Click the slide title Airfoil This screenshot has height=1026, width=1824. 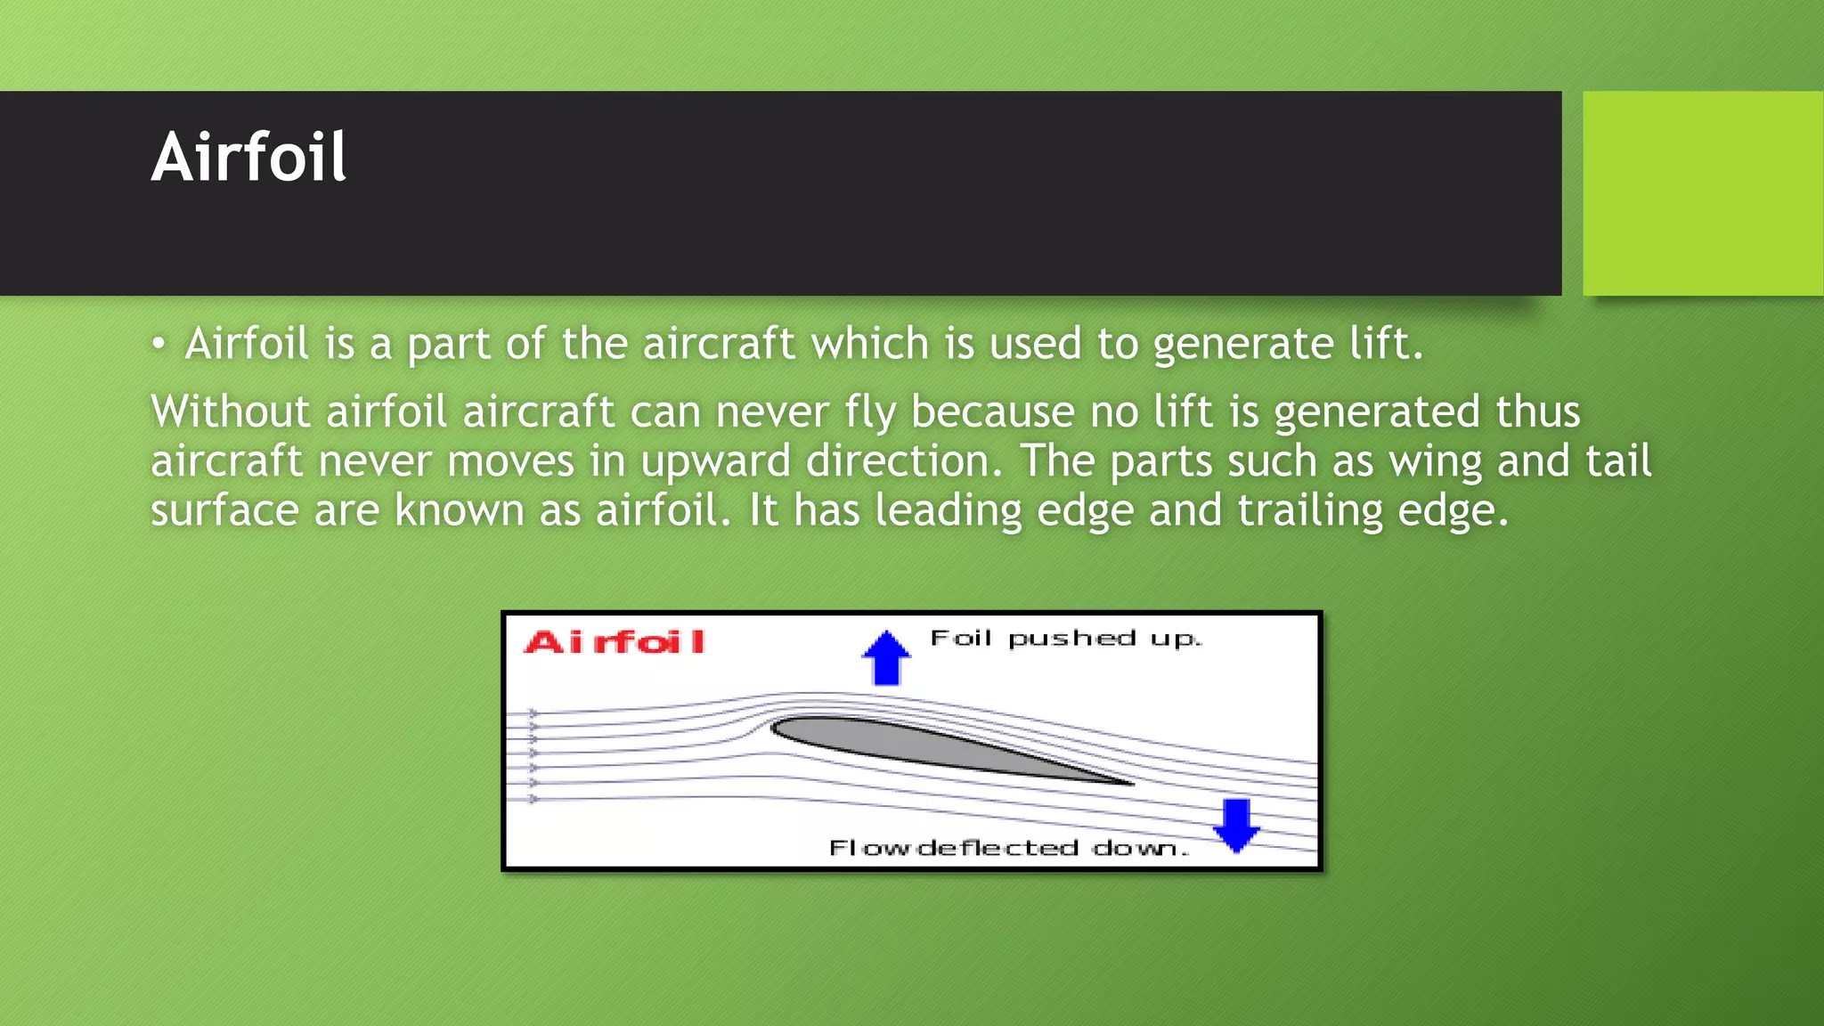(248, 158)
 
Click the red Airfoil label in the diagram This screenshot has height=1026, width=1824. (615, 642)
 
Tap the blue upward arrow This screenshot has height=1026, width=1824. (886, 658)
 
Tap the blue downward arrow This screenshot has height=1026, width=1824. (1236, 825)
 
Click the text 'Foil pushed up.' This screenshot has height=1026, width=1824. (1065, 639)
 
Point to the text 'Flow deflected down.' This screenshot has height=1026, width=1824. (1008, 848)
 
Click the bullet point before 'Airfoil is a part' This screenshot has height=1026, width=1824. (159, 345)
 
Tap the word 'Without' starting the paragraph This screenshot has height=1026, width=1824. (231, 411)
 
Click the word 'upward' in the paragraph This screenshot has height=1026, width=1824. (715, 461)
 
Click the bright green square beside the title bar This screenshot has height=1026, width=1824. (1702, 193)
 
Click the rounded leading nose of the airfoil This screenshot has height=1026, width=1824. (776, 728)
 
